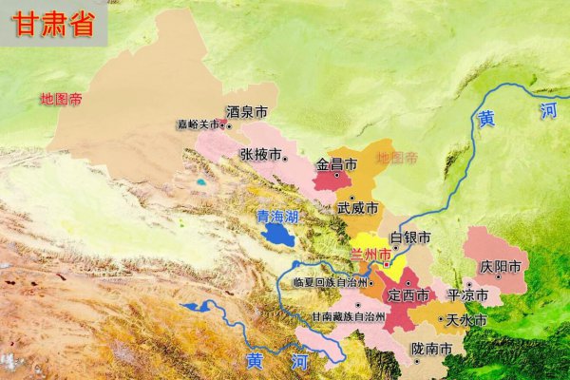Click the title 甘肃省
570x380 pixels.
tap(53, 25)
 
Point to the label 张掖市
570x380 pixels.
tap(259, 154)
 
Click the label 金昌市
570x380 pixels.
tap(335, 164)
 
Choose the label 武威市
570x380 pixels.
tap(357, 207)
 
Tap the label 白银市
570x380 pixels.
tap(410, 237)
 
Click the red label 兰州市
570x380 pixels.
tap(370, 254)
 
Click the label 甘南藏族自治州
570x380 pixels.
tap(349, 316)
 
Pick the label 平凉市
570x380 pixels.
tap(467, 296)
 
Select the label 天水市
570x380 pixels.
tap(466, 321)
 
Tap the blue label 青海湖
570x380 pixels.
tap(277, 217)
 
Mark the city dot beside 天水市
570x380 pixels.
tap(442, 322)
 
